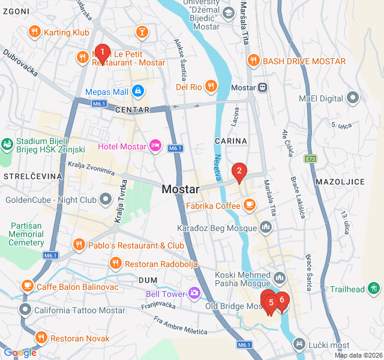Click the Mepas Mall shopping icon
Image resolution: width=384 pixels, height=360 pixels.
coord(138,91)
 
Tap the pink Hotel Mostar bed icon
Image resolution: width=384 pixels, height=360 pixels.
coord(155,146)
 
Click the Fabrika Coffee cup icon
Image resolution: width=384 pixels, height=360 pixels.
coord(249,205)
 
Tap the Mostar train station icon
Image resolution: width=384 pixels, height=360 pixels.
coord(263,87)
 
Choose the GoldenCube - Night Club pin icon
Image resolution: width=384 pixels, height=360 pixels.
coord(106,198)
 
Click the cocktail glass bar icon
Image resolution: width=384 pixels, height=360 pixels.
coord(142,31)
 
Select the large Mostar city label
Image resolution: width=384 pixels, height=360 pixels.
coord(180,189)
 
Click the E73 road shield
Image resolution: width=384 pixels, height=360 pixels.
coord(310,159)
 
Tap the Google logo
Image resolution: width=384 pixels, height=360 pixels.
coord(20,353)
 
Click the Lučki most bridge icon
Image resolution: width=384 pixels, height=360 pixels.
coord(299,344)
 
